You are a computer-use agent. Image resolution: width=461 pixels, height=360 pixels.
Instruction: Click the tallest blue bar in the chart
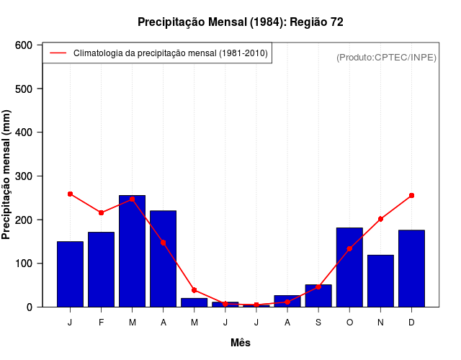(132, 251)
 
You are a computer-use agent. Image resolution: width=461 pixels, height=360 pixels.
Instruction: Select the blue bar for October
(349, 267)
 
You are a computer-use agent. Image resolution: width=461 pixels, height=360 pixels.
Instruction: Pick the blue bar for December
(411, 269)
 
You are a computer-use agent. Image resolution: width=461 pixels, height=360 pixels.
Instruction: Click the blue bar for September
(318, 296)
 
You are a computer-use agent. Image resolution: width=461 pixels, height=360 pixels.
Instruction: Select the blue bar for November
(380, 281)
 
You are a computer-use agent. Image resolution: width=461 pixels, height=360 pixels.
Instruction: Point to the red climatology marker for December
(411, 195)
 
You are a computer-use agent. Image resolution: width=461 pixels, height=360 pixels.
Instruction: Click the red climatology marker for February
(101, 212)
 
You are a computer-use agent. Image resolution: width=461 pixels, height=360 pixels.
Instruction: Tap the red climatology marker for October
(349, 248)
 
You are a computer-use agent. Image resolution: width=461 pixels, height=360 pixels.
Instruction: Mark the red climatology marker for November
(380, 219)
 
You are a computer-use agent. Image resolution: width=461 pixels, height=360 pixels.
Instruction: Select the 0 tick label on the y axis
(30, 307)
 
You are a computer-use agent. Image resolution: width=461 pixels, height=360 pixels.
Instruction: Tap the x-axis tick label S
(318, 323)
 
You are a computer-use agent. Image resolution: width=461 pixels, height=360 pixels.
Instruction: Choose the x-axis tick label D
(411, 323)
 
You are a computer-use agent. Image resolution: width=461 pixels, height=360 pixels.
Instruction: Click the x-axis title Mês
(241, 343)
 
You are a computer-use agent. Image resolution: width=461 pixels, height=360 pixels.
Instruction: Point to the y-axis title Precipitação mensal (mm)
(7, 176)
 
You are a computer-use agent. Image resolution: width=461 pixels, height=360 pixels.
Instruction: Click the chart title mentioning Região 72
(241, 22)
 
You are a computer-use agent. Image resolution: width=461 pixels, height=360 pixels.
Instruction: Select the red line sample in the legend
(58, 53)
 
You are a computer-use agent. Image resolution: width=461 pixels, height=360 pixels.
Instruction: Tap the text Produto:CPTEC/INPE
(386, 57)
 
